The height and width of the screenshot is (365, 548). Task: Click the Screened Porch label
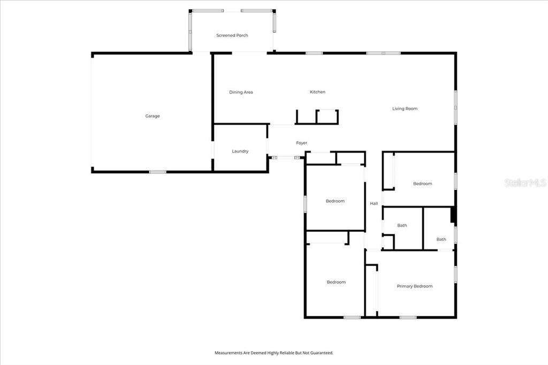pos(232,35)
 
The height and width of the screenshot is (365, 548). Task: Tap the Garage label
pos(153,116)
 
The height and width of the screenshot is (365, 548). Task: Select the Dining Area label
pos(241,92)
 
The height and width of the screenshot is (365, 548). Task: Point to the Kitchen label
pos(317,92)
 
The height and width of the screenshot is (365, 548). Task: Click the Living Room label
pos(405,109)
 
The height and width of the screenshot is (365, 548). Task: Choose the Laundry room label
pos(240,151)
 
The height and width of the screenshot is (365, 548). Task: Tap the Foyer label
pos(302,143)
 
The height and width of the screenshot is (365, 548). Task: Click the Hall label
pos(374,203)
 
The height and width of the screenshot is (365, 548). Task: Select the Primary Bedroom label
pos(415,286)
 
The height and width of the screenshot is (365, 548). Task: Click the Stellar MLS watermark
pos(525,182)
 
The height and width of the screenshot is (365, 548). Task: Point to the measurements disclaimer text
pos(274,353)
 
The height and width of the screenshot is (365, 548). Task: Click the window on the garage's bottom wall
pos(157,172)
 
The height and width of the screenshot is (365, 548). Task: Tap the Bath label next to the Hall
pos(402,225)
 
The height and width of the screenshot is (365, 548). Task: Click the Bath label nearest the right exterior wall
pos(441,239)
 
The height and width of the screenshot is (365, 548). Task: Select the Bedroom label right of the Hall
pos(422,184)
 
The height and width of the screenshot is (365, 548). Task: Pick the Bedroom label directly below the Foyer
pos(336,201)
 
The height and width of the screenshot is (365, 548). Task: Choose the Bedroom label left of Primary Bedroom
pos(336,282)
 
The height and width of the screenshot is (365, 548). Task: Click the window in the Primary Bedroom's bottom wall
pos(408,317)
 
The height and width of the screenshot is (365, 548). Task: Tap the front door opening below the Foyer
pos(286,158)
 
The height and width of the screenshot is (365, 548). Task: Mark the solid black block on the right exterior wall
pos(453,215)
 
